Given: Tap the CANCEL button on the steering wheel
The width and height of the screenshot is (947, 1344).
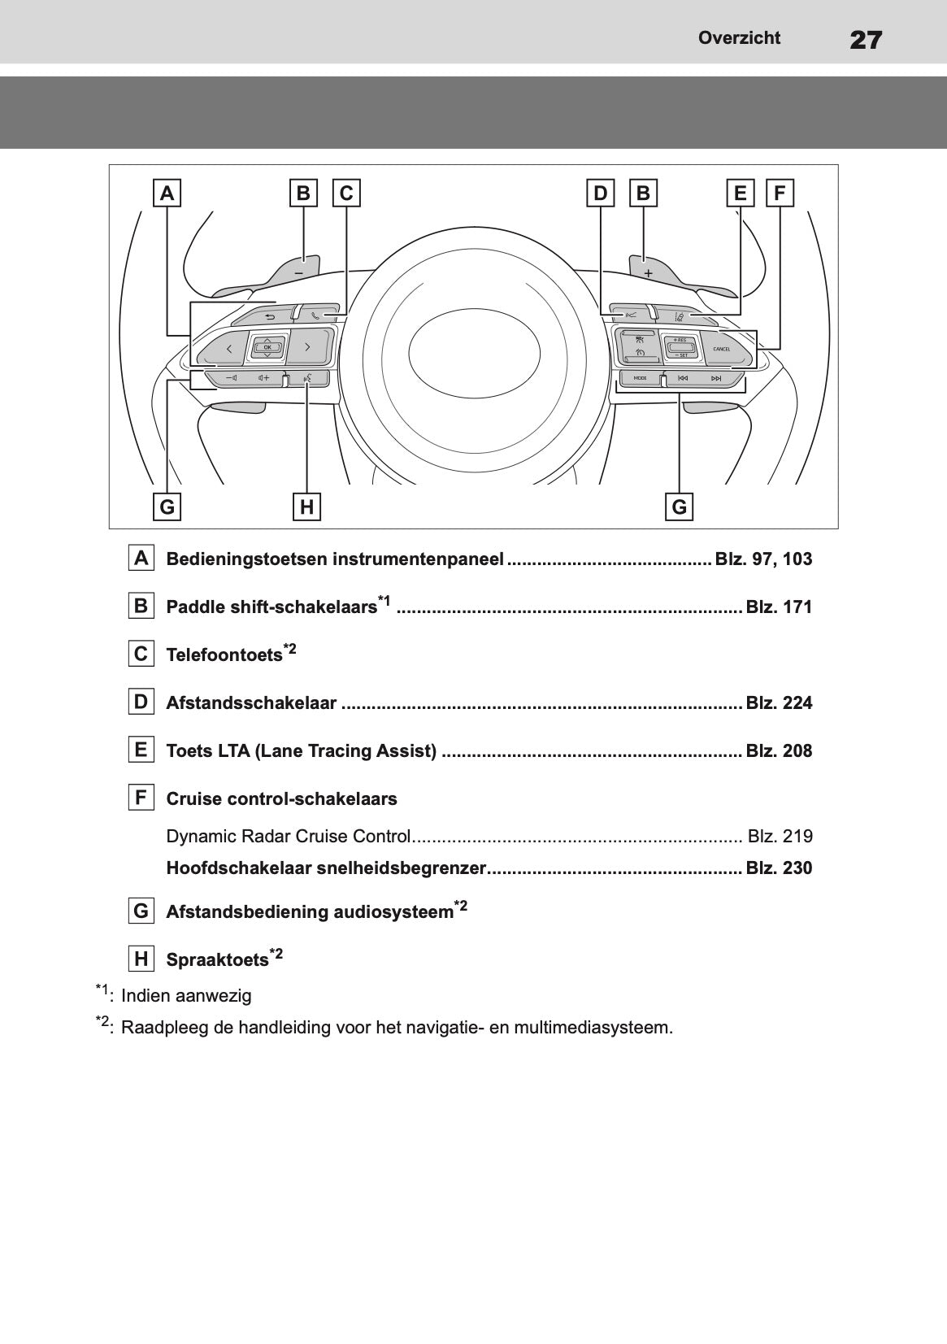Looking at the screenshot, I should pyautogui.click(x=721, y=349).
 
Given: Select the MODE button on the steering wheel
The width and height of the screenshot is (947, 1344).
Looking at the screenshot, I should pyautogui.click(x=640, y=378).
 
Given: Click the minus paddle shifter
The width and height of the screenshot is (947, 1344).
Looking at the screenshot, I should pyautogui.click(x=299, y=270).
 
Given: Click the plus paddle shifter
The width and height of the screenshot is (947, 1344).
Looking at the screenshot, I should pyautogui.click(x=648, y=271).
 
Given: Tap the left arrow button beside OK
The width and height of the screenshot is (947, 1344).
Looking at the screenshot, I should pyautogui.click(x=228, y=349).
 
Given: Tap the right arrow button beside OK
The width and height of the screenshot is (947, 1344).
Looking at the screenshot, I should pyautogui.click(x=307, y=347).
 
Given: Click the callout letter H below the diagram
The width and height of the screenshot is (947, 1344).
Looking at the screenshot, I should pyautogui.click(x=306, y=507).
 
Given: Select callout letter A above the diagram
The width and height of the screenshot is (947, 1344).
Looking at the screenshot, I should pyautogui.click(x=167, y=194).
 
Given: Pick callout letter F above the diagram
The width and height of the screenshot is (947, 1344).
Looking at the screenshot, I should pyautogui.click(x=780, y=194).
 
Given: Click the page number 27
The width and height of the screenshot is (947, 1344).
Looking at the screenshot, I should pyautogui.click(x=866, y=39).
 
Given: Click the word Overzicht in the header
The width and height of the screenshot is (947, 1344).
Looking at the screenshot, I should pyautogui.click(x=739, y=38).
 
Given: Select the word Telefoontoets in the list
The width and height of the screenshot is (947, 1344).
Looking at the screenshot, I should pyautogui.click(x=224, y=655).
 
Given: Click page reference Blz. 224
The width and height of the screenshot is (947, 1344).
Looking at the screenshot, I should pyautogui.click(x=779, y=703).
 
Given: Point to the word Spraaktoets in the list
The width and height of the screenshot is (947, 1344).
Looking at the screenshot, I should pyautogui.click(x=217, y=960).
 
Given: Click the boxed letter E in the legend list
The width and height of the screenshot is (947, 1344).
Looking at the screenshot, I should pyautogui.click(x=141, y=750).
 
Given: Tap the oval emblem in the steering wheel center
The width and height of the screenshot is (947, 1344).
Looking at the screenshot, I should pyautogui.click(x=474, y=350).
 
